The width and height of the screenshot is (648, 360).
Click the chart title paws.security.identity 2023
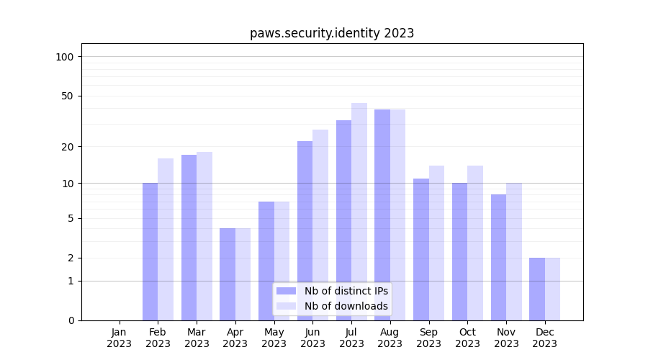[x=332, y=33]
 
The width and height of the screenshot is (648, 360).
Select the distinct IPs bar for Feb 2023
[x=150, y=251]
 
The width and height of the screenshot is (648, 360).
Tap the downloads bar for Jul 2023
[x=359, y=212]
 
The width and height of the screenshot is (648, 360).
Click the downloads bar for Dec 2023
[x=552, y=289]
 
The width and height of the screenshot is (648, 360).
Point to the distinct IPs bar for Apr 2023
[x=228, y=274]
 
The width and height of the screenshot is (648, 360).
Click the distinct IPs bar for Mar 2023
[x=189, y=238]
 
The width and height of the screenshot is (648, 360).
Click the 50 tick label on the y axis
[x=67, y=96]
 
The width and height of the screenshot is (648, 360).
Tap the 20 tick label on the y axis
[x=67, y=147]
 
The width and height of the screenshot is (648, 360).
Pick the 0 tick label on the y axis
[x=71, y=320]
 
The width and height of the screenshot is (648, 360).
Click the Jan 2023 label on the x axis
[x=119, y=338]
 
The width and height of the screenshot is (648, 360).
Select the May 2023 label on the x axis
[x=274, y=338]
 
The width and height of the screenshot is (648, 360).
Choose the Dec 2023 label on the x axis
[x=545, y=338]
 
